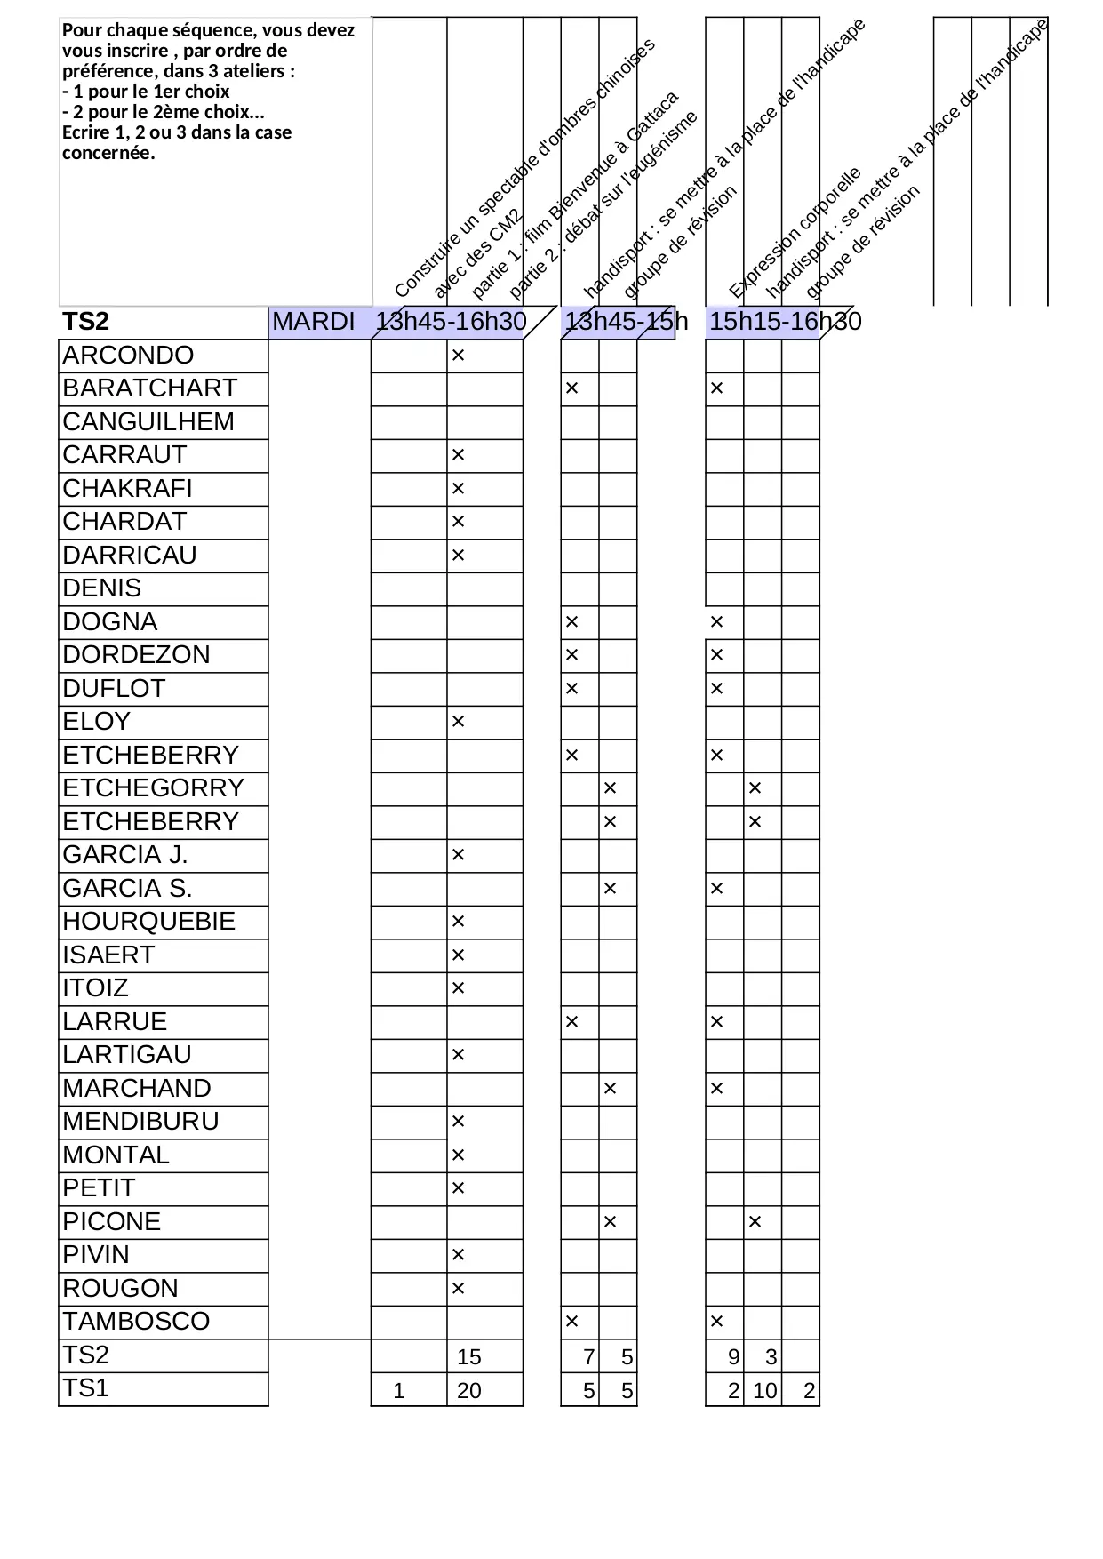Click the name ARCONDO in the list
click(x=128, y=356)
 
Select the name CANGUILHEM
click(x=148, y=422)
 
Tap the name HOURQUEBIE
click(x=148, y=922)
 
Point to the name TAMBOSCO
click(x=136, y=1322)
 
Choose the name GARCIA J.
click(x=125, y=855)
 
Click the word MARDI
click(x=314, y=322)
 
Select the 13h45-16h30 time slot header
click(x=451, y=322)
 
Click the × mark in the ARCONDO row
click(x=459, y=356)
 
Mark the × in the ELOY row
click(x=459, y=722)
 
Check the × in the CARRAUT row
click(x=459, y=455)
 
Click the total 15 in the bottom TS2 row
click(x=468, y=1357)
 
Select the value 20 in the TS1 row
click(x=468, y=1391)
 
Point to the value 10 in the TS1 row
click(x=764, y=1391)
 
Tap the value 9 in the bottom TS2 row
click(x=733, y=1357)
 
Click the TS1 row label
click(x=86, y=1388)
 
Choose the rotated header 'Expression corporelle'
click(x=795, y=233)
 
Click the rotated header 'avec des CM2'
click(x=476, y=252)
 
